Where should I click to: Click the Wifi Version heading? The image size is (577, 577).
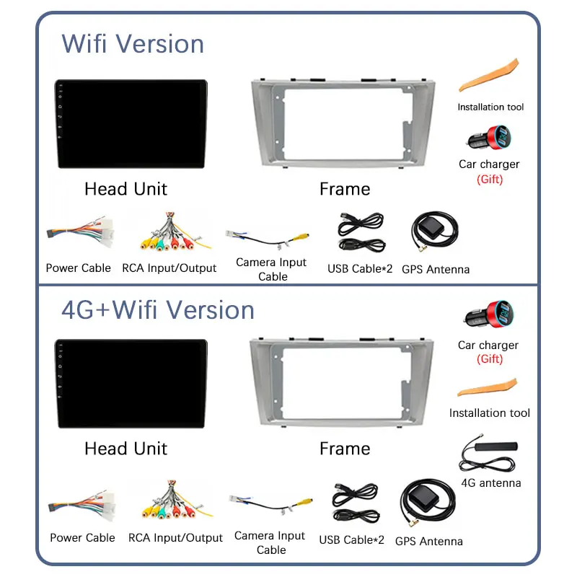pyautogui.click(x=133, y=44)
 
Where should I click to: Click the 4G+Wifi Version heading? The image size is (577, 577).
pyautogui.click(x=158, y=310)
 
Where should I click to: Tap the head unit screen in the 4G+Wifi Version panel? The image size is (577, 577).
pyautogui.click(x=130, y=384)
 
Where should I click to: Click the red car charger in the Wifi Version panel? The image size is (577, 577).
pyautogui.click(x=488, y=137)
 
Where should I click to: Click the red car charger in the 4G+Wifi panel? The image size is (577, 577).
pyautogui.click(x=488, y=317)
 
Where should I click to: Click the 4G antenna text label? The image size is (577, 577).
pyautogui.click(x=490, y=483)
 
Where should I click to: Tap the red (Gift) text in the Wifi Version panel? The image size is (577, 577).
pyautogui.click(x=490, y=180)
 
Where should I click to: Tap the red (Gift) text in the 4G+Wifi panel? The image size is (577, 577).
pyautogui.click(x=490, y=359)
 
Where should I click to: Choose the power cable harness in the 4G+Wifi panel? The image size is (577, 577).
pyautogui.click(x=82, y=505)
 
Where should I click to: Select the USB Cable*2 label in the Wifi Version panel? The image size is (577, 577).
pyautogui.click(x=360, y=269)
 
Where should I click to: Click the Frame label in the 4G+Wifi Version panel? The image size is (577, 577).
pyautogui.click(x=345, y=449)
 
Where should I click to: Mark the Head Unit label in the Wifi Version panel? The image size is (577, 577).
pyautogui.click(x=125, y=189)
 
